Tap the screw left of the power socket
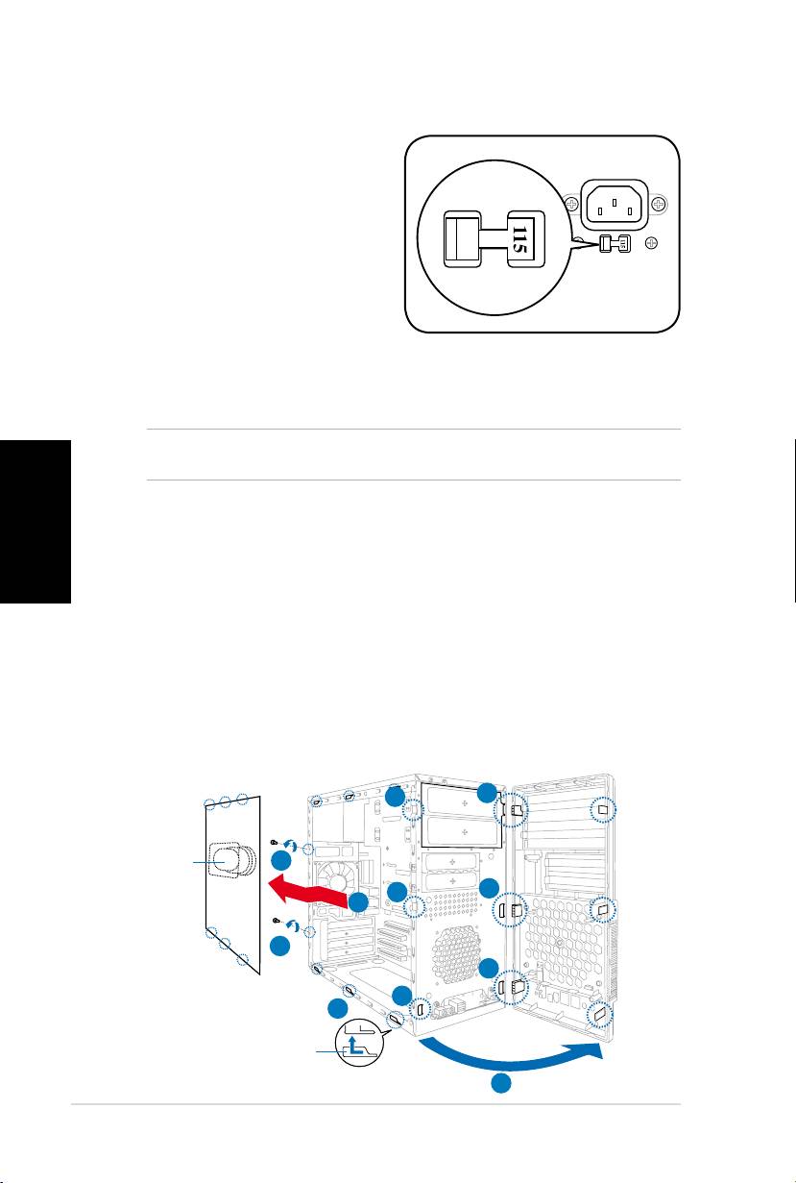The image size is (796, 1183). click(x=570, y=205)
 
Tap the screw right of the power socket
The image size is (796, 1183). click(x=659, y=204)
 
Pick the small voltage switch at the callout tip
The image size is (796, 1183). click(x=612, y=244)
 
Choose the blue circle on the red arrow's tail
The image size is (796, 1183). click(x=358, y=902)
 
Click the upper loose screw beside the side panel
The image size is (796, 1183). click(x=276, y=840)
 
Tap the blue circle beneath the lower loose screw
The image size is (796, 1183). click(x=280, y=947)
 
